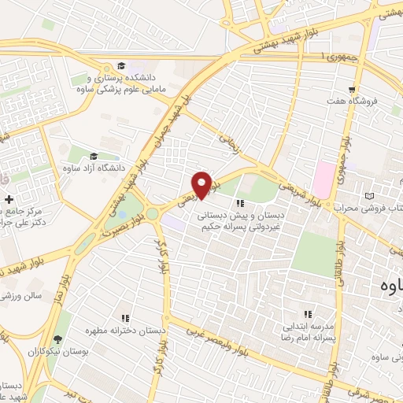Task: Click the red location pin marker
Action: tap(202, 184)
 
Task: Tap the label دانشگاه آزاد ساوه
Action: tap(94, 167)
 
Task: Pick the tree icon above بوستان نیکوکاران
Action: tap(57, 341)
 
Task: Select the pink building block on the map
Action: tap(322, 179)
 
